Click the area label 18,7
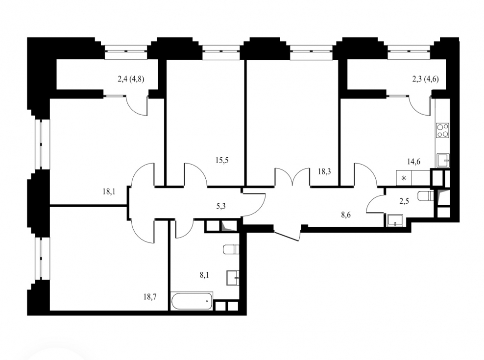pyautogui.click(x=150, y=297)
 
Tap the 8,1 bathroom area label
pyautogui.click(x=204, y=275)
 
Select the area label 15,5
pyautogui.click(x=222, y=160)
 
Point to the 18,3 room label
pyautogui.click(x=324, y=171)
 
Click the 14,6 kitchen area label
pyautogui.click(x=413, y=161)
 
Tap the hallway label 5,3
pyautogui.click(x=221, y=206)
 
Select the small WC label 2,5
pyautogui.click(x=404, y=202)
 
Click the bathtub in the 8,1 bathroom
pyautogui.click(x=192, y=301)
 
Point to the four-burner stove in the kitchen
pyautogui.click(x=443, y=130)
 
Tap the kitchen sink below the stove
pyautogui.click(x=443, y=161)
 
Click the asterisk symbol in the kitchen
pyautogui.click(x=404, y=178)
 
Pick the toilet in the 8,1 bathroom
pyautogui.click(x=231, y=249)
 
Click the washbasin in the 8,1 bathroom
pyautogui.click(x=233, y=278)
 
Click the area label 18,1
pyautogui.click(x=109, y=192)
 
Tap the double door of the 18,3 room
pyautogui.click(x=292, y=177)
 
